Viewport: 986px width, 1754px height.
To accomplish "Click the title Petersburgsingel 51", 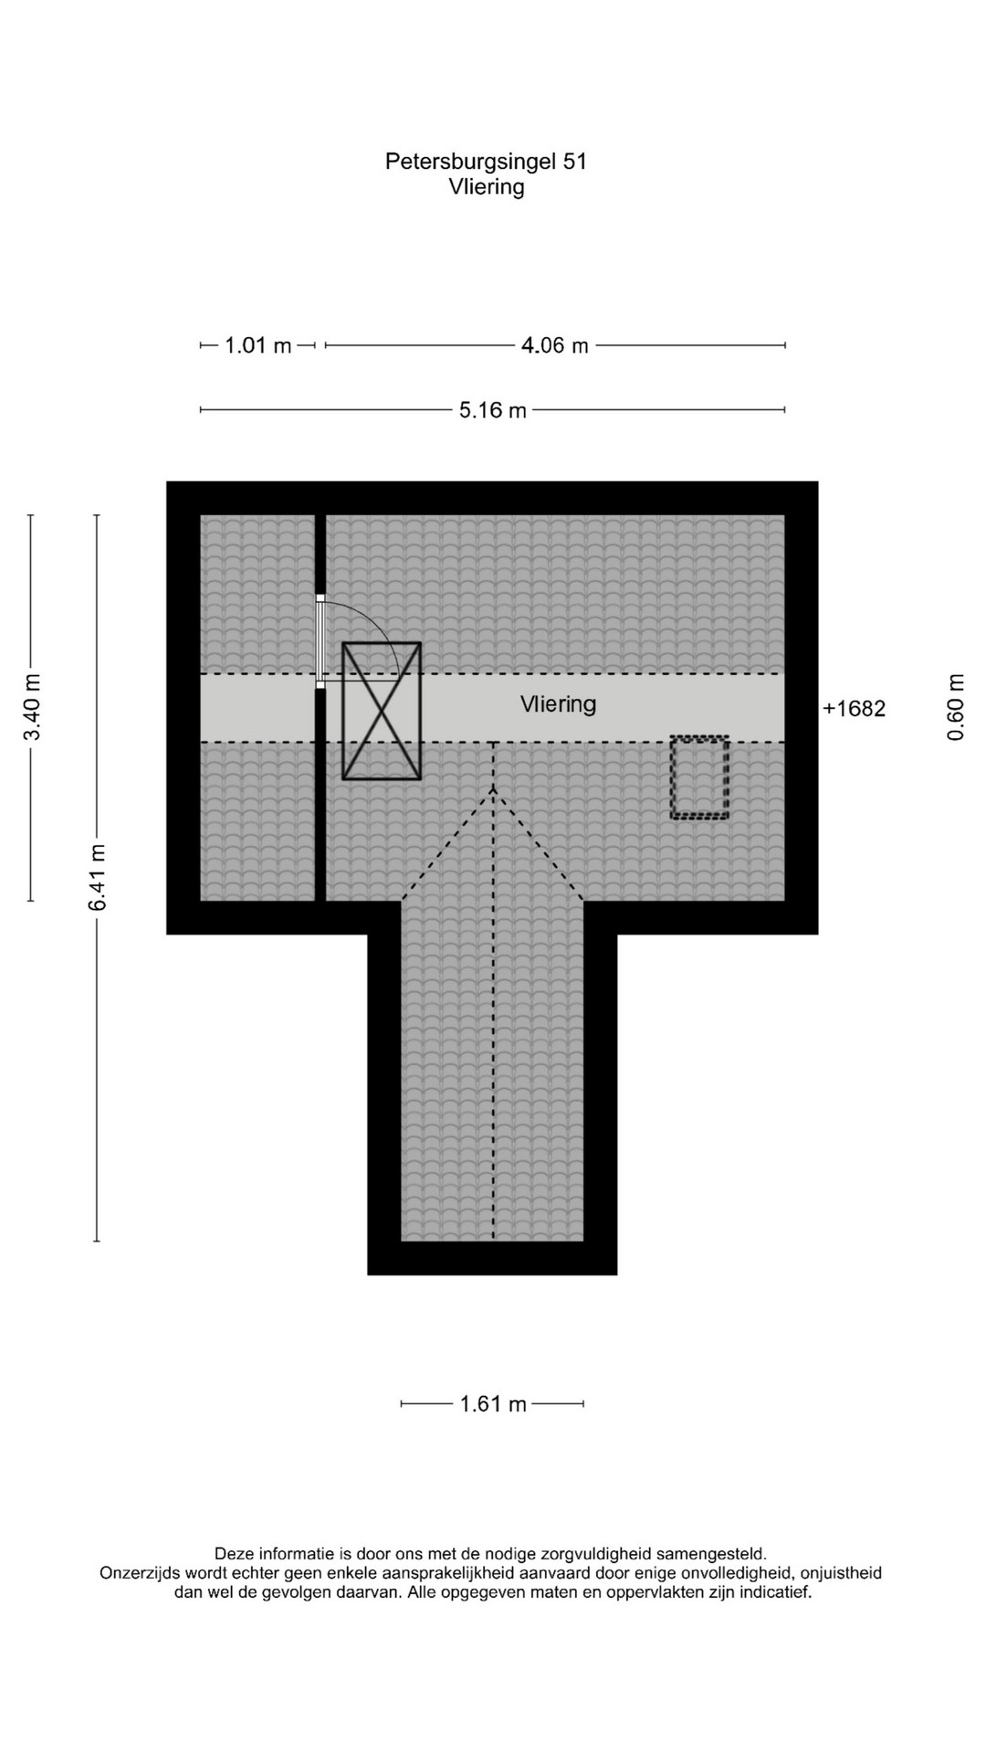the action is [x=486, y=162].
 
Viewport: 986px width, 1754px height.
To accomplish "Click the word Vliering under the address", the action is [x=487, y=187].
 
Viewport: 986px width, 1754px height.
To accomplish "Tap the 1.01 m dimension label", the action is [x=258, y=345].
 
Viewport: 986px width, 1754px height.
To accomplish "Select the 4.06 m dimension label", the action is [x=555, y=345].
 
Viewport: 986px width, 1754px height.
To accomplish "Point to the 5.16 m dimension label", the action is [x=493, y=410].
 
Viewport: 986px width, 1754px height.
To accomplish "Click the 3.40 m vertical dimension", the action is [x=33, y=708].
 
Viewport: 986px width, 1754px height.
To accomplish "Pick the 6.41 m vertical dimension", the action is [x=98, y=877].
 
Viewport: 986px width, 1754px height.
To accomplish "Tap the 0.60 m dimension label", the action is [x=956, y=708].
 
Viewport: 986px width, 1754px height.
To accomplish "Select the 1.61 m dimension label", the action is [x=493, y=1404].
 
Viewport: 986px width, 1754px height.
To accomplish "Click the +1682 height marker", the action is [x=855, y=709].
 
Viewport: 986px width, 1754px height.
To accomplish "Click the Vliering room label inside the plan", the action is [x=559, y=704].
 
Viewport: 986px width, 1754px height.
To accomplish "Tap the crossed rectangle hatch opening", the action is [x=382, y=711].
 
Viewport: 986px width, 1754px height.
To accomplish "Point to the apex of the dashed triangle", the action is [x=494, y=787].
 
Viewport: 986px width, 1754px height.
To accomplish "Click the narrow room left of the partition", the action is [x=257, y=708].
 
